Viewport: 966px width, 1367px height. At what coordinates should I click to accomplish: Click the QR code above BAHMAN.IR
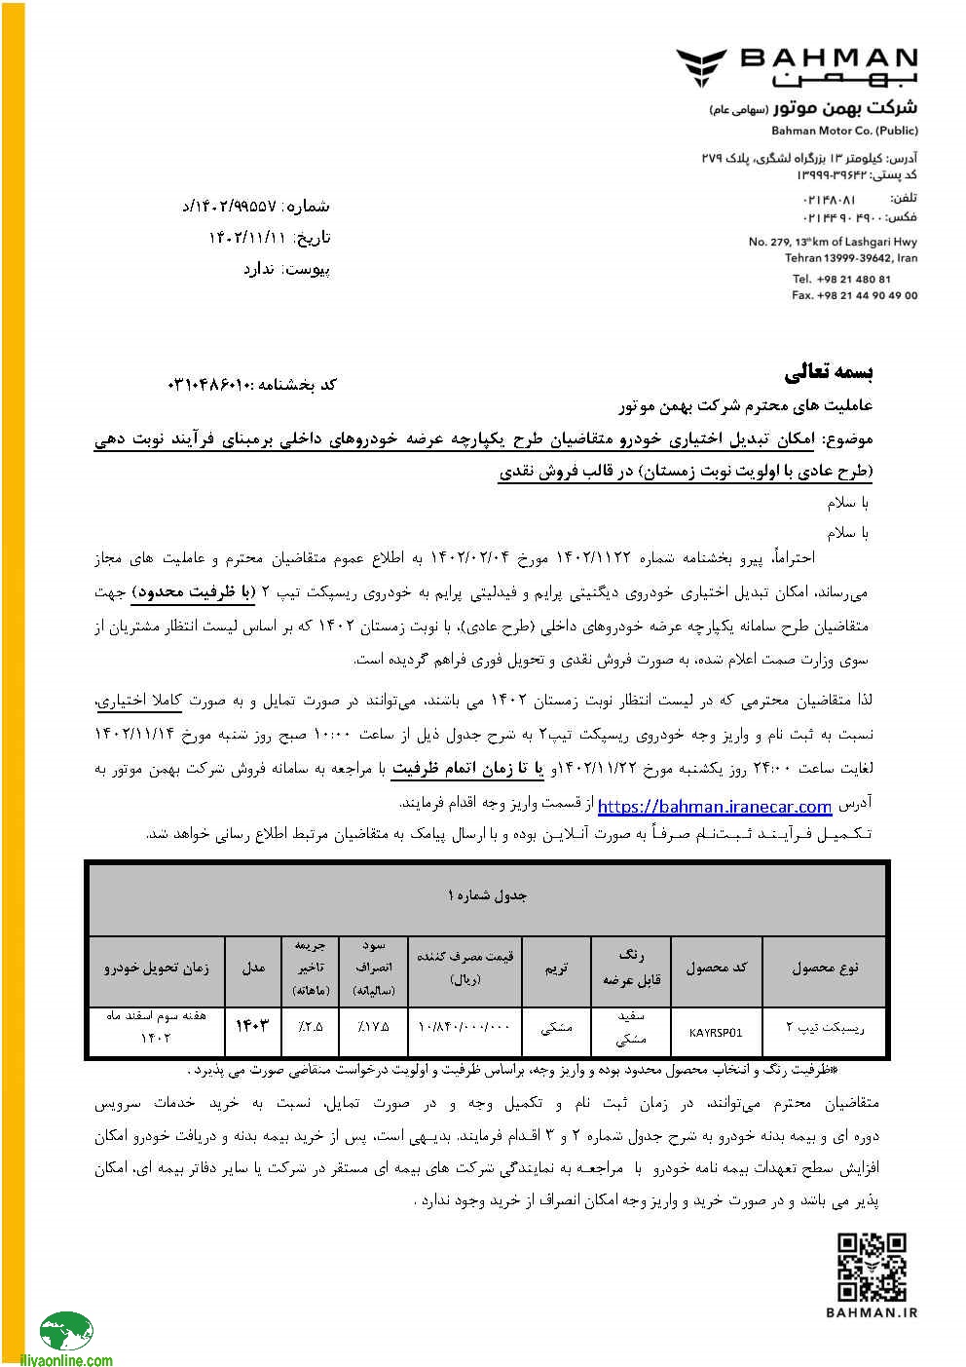[873, 1267]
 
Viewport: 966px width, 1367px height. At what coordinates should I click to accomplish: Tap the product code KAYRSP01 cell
[716, 1033]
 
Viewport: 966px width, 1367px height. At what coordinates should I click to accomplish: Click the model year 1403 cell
[252, 1026]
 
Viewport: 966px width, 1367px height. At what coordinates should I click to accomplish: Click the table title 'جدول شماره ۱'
[487, 895]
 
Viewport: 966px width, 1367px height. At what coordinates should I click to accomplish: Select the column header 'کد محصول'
[716, 968]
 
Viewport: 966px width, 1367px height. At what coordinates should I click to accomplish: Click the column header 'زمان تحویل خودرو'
[157, 968]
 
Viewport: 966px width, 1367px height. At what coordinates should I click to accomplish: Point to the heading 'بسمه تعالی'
[829, 371]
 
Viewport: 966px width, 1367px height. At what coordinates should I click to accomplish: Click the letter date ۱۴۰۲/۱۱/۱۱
[248, 238]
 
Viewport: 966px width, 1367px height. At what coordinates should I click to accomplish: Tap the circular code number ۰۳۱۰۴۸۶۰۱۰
[209, 386]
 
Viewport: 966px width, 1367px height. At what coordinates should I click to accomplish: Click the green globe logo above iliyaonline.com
[66, 1331]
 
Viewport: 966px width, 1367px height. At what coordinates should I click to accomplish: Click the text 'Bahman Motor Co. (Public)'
[844, 131]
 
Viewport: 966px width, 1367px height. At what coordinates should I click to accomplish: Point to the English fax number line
[854, 295]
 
